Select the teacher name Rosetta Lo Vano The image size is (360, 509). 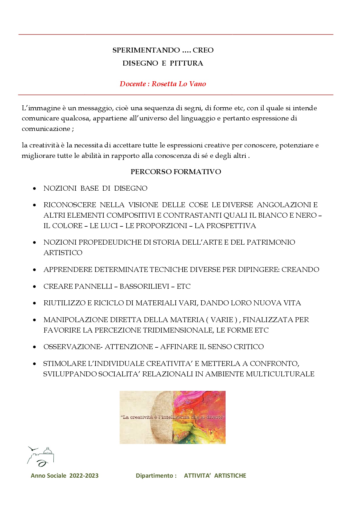(x=179, y=84)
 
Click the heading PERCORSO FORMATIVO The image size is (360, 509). (x=176, y=172)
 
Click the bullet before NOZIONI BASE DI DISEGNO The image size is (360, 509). (x=35, y=189)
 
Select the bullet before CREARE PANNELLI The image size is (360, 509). (x=35, y=287)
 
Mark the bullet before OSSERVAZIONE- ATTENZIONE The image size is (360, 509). (x=35, y=347)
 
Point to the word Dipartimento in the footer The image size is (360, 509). (x=154, y=476)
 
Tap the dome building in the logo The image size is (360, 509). (x=48, y=451)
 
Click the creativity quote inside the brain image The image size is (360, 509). (x=172, y=417)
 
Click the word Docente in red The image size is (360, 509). (x=133, y=84)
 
